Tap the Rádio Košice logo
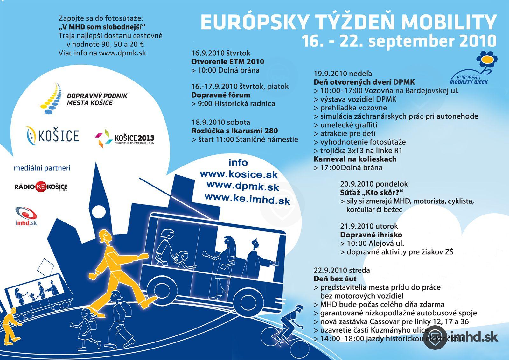click(x=41, y=187)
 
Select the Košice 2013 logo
click(x=124, y=138)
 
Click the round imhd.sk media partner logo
click(x=26, y=216)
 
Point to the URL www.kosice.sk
click(x=239, y=174)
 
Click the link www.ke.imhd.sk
click(x=247, y=199)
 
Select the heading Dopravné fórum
click(x=220, y=95)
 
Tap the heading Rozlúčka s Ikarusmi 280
click(x=234, y=131)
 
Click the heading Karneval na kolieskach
click(x=355, y=159)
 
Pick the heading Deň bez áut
click(x=335, y=279)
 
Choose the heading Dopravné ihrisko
click(x=371, y=235)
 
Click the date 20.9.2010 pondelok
click(x=374, y=184)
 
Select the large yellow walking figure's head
click(x=103, y=237)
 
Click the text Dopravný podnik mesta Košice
click(x=97, y=99)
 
